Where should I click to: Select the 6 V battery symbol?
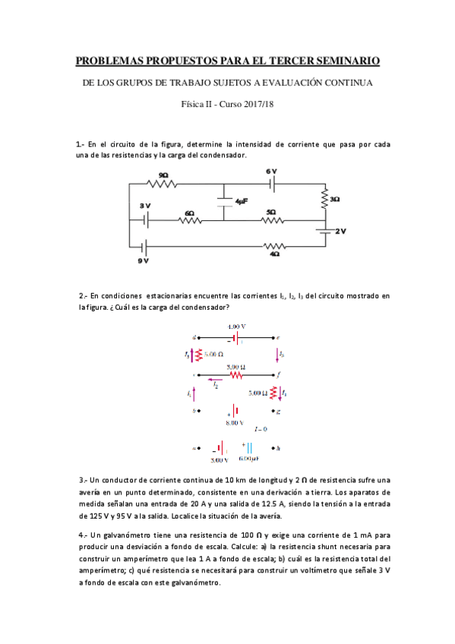coord(272,184)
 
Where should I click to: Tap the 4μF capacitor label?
coord(242,202)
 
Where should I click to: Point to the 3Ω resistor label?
coord(334,199)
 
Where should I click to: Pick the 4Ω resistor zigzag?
coord(274,246)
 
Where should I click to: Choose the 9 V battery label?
coord(143,260)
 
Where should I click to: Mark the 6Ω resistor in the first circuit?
coord(190,222)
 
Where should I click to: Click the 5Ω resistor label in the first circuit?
coord(271,213)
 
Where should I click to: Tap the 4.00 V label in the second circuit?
coord(237,326)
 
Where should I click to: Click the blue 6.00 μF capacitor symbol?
coord(248,448)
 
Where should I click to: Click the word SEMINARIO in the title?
coord(338,60)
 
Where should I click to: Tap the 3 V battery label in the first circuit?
coord(144,207)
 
